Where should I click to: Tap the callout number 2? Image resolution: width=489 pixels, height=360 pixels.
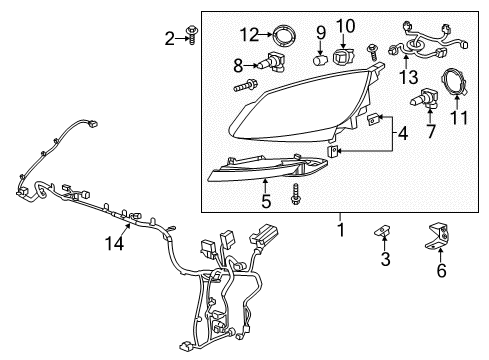(x=169, y=39)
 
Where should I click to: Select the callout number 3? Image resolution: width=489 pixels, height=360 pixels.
(x=385, y=261)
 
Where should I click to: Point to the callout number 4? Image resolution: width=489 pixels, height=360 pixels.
(x=403, y=133)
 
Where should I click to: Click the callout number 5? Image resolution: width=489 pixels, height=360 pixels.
(x=266, y=201)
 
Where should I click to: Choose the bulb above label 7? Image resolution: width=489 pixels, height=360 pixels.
(x=424, y=101)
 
